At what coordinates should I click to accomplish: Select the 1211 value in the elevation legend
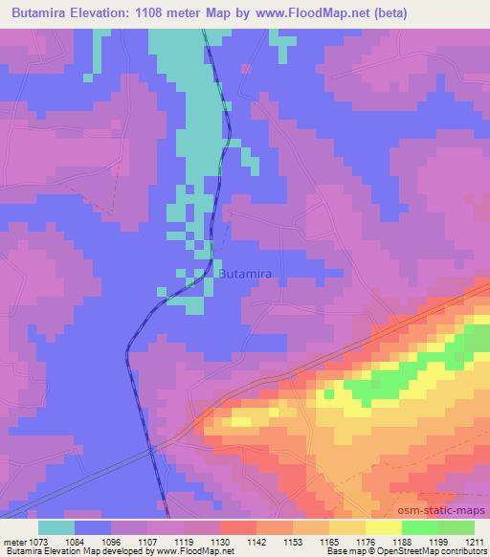pos(474,543)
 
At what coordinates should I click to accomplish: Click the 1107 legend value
pos(149,543)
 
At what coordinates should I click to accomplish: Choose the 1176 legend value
pos(365,543)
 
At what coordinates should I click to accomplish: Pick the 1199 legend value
pos(437,543)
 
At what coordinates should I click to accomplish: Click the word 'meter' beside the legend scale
pos(16,543)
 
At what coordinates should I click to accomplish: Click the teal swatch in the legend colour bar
pos(56,527)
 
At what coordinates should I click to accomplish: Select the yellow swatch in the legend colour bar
pos(384,527)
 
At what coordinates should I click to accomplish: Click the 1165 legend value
pos(329,543)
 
